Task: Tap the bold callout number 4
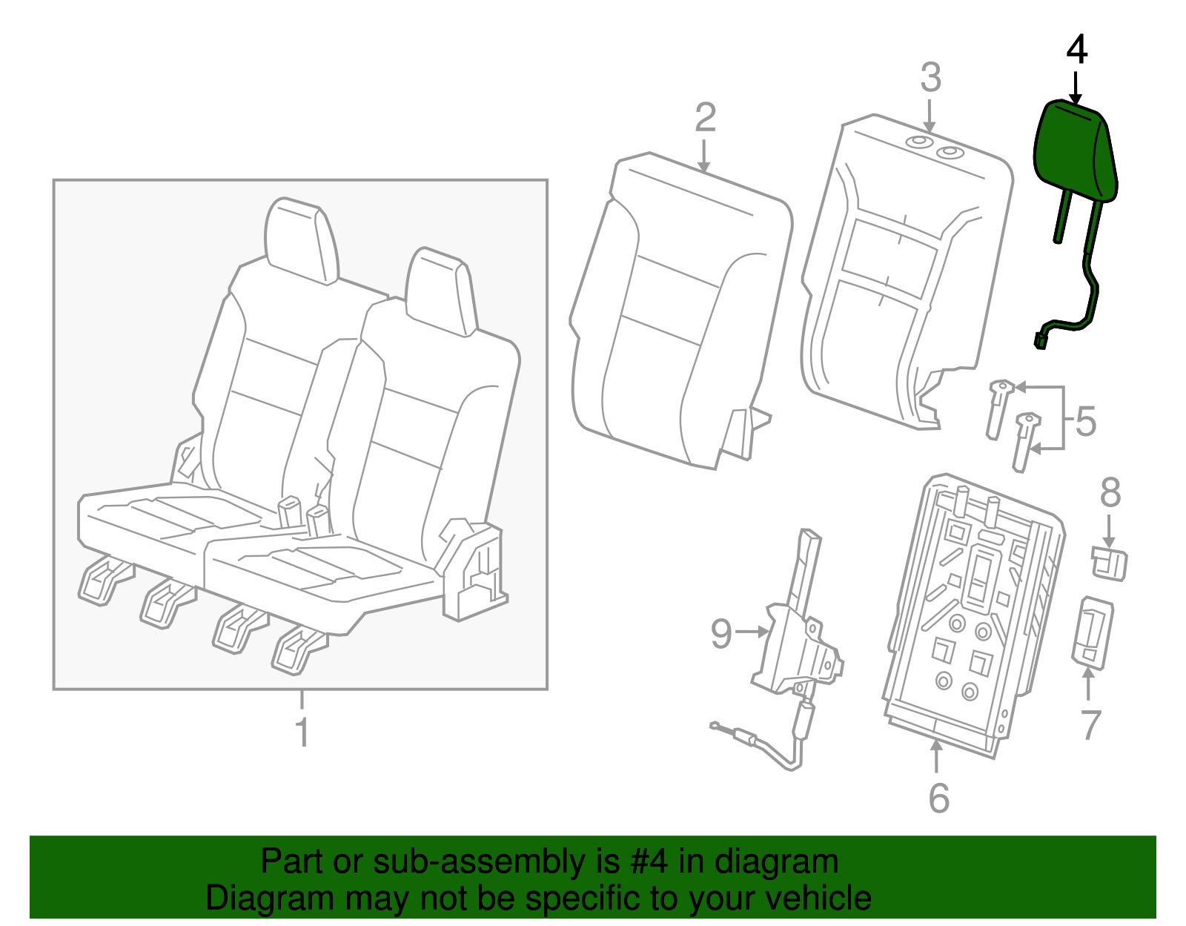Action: tap(1076, 50)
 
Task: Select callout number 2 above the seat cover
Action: tap(705, 118)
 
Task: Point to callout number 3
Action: tap(930, 78)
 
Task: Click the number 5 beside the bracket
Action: tap(1085, 422)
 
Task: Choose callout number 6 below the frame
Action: tap(938, 798)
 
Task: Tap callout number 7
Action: tap(1090, 724)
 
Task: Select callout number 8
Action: tap(1110, 492)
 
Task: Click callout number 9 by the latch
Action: tap(720, 633)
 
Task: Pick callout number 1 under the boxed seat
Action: tap(302, 732)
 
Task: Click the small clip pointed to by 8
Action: tap(1109, 563)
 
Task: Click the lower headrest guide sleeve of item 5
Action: tap(1024, 441)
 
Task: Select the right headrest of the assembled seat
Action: tap(441, 291)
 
